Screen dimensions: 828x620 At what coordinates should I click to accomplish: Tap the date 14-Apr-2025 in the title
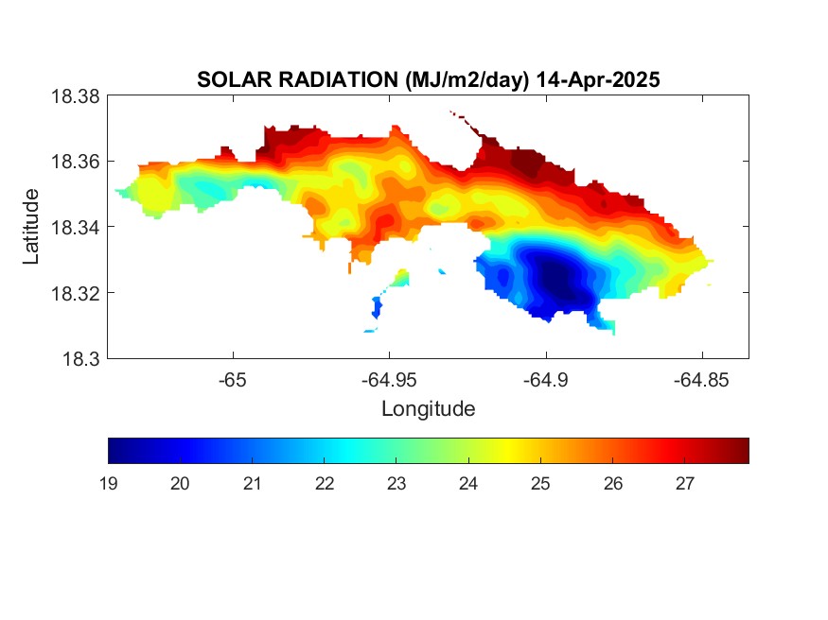pyautogui.click(x=598, y=79)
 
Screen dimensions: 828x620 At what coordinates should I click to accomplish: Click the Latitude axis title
pyautogui.click(x=30, y=226)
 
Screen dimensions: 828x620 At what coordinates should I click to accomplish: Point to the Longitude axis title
pyautogui.click(x=429, y=409)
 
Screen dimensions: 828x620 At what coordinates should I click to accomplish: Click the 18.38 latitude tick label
pyautogui.click(x=75, y=96)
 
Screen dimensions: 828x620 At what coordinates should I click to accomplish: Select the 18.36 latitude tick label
pyautogui.click(x=75, y=162)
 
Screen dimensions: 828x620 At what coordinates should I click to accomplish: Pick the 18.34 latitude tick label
pyautogui.click(x=75, y=227)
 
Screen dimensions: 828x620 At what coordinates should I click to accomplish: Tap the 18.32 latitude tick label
pyautogui.click(x=75, y=293)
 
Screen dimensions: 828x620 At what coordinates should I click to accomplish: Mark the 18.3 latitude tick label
pyautogui.click(x=80, y=359)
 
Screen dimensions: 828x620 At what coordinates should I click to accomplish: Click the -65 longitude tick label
pyautogui.click(x=233, y=380)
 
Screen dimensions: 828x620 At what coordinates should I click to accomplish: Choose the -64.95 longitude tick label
pyautogui.click(x=389, y=380)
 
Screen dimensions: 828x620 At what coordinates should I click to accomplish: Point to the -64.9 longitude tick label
pyautogui.click(x=545, y=380)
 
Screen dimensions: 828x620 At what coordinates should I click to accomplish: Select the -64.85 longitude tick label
pyautogui.click(x=701, y=380)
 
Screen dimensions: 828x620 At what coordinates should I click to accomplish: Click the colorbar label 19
pyautogui.click(x=108, y=484)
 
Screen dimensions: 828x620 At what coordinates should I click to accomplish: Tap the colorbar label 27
pyautogui.click(x=684, y=484)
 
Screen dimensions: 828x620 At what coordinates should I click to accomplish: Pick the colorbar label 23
pyautogui.click(x=396, y=484)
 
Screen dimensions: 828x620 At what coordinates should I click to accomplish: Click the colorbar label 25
pyautogui.click(x=540, y=484)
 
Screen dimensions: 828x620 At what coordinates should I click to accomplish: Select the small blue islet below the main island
pyautogui.click(x=377, y=307)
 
